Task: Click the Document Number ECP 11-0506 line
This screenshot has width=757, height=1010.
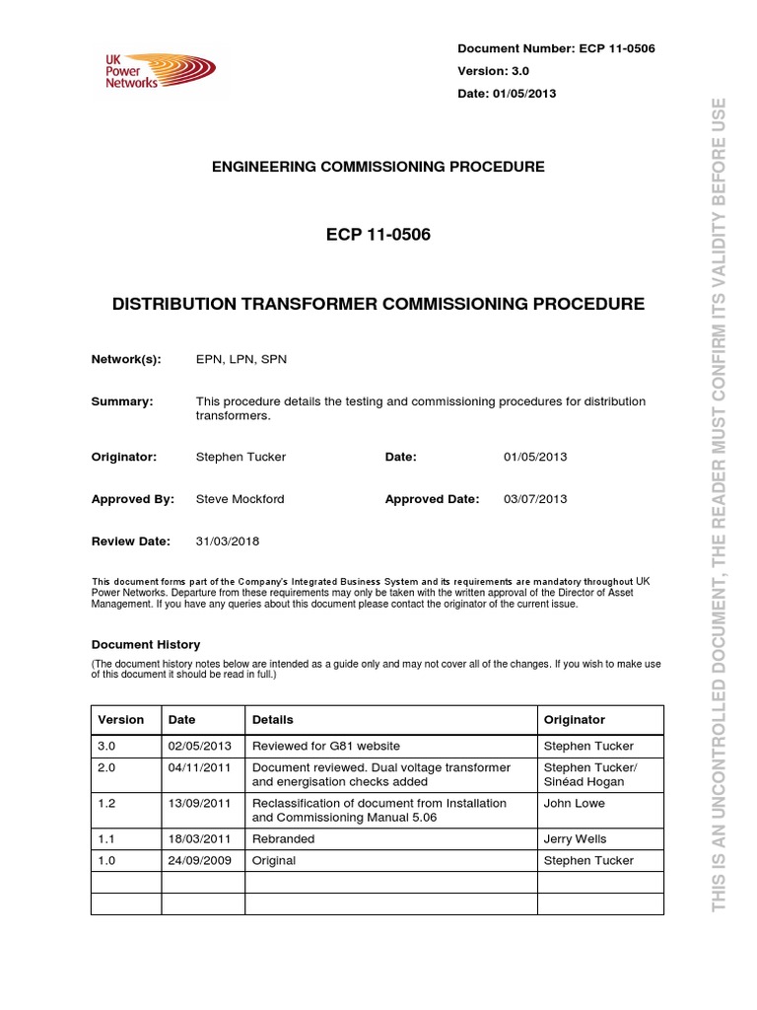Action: [557, 49]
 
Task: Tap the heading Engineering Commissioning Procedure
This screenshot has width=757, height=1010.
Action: [378, 167]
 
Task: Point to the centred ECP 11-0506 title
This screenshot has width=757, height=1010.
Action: [378, 236]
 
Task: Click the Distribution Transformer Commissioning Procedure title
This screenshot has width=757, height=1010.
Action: [378, 304]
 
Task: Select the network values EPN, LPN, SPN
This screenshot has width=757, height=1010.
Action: [241, 360]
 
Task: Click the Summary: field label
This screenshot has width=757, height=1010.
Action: [122, 401]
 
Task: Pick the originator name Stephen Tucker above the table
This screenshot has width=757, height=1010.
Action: [241, 457]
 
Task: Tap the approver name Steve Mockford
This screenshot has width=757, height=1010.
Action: [241, 499]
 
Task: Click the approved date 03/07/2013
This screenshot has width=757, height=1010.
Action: [535, 499]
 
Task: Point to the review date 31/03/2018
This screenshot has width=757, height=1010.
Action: [228, 541]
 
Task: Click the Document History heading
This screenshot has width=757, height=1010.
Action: [146, 644]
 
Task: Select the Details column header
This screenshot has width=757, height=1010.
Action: [273, 720]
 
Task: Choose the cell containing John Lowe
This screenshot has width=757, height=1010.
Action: [574, 803]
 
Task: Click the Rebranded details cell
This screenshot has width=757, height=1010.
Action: [284, 838]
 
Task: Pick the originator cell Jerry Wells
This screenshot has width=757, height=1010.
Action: [576, 838]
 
